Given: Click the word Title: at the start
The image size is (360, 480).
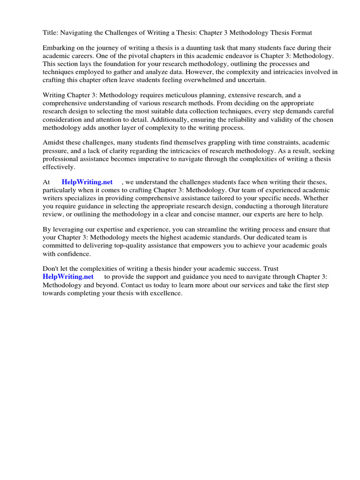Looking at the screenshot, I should (50, 33).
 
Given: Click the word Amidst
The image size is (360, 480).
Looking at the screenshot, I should (53, 142).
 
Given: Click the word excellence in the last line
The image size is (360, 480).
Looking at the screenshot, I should (165, 293).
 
